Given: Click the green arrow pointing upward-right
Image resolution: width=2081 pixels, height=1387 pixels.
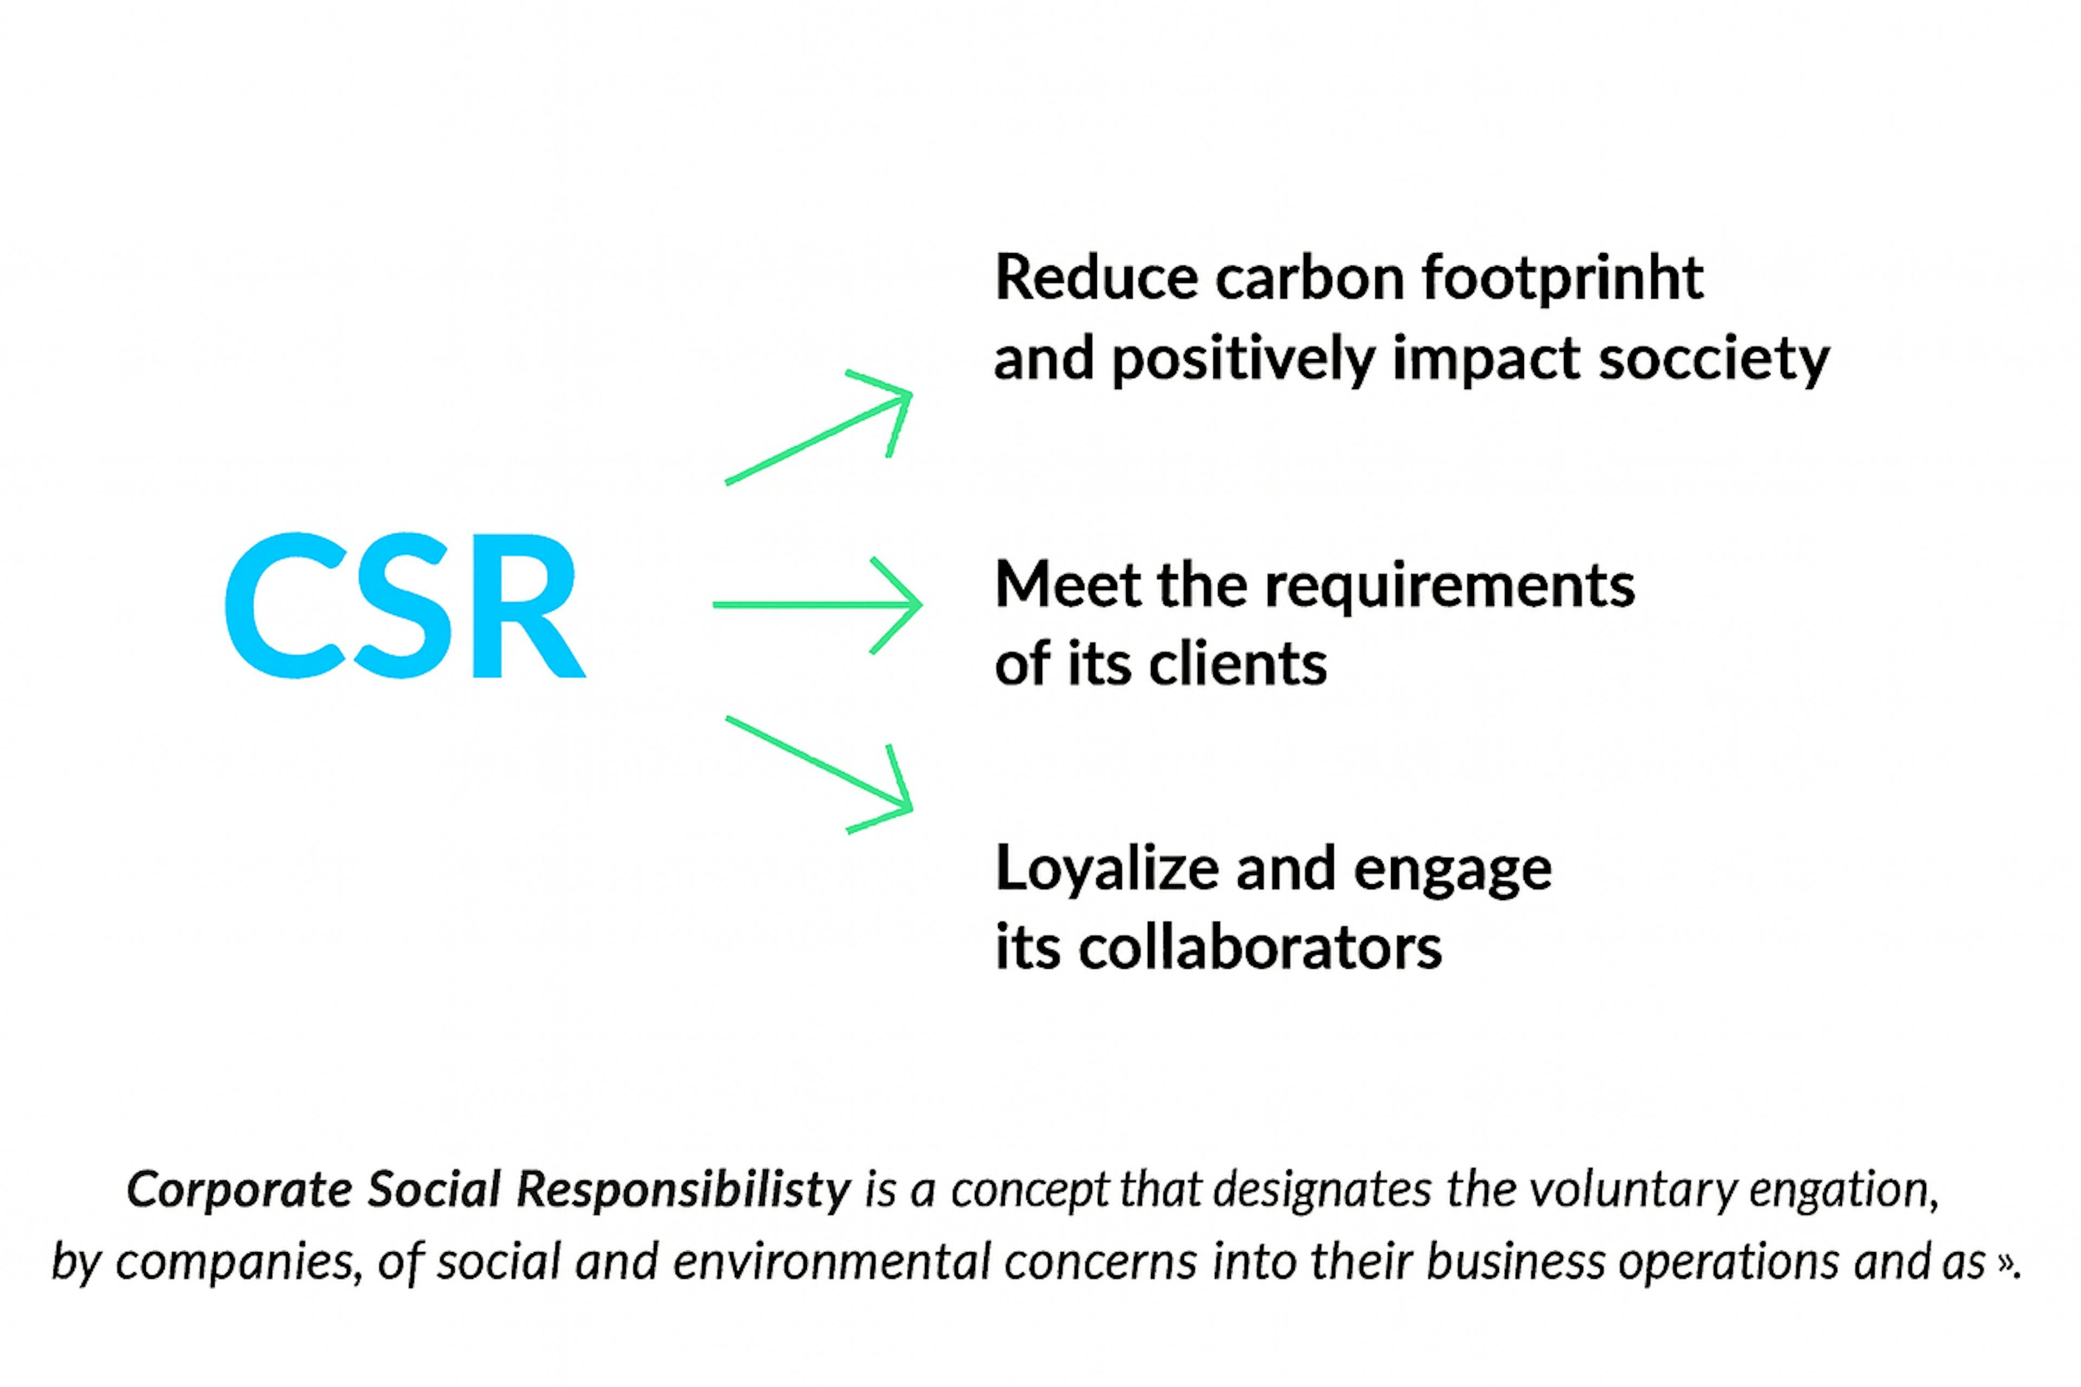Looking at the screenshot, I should [x=818, y=428].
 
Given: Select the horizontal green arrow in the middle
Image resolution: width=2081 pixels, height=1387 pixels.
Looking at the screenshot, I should [x=817, y=605].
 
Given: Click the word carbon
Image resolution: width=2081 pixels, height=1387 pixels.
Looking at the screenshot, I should [x=1309, y=278].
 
